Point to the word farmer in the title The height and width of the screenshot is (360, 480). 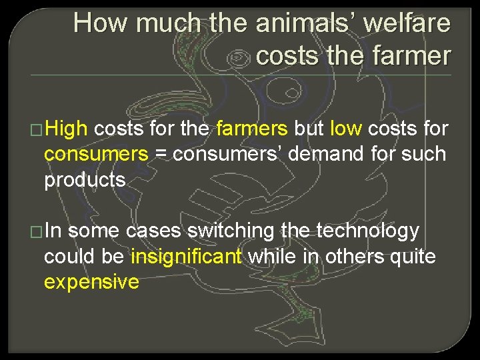click(414, 56)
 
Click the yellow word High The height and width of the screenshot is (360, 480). click(70, 129)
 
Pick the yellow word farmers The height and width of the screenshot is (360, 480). click(251, 129)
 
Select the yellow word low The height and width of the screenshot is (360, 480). click(347, 129)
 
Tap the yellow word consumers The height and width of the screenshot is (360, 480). click(95, 154)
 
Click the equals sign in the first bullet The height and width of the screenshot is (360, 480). click(161, 155)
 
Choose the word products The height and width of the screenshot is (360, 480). click(85, 180)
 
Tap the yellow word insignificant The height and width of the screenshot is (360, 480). click(186, 256)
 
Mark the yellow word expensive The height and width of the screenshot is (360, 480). click(91, 281)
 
